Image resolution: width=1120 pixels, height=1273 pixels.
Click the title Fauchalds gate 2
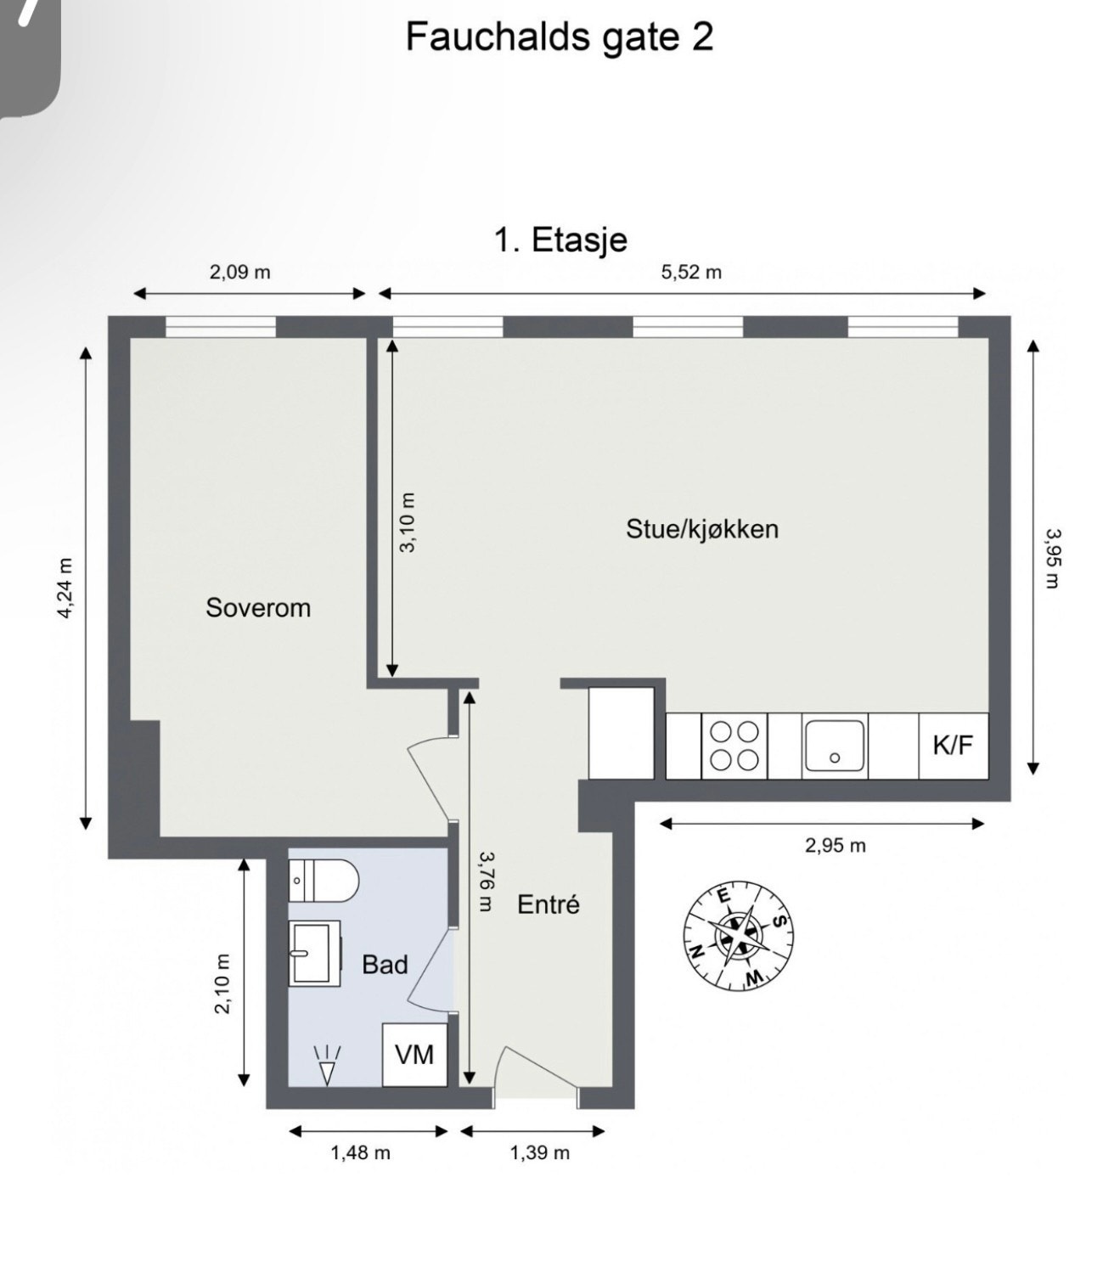[x=559, y=37]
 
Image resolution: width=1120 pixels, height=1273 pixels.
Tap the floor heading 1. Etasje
[x=560, y=239]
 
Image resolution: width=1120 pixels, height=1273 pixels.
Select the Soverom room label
[x=258, y=607]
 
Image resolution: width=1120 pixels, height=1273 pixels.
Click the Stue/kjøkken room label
[x=701, y=528]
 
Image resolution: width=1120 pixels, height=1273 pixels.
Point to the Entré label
[x=548, y=904]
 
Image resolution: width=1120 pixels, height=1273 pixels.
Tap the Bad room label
[x=385, y=964]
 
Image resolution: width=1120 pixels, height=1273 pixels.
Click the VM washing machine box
[x=414, y=1055]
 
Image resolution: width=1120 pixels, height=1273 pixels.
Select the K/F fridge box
[x=953, y=746]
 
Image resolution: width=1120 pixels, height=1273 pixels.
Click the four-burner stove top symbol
[x=734, y=746]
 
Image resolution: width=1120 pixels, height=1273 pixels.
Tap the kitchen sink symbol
[x=835, y=746]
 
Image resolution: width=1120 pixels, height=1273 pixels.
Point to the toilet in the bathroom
[x=323, y=881]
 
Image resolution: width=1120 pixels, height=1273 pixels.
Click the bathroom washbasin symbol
[x=314, y=953]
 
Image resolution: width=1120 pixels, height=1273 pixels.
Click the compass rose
[x=738, y=937]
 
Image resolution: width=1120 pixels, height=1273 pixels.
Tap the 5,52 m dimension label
[x=691, y=272]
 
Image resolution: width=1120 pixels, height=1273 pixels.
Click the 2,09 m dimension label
[x=239, y=272]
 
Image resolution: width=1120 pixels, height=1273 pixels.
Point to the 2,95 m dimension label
[x=836, y=845]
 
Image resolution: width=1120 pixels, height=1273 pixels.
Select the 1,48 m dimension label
[x=360, y=1152]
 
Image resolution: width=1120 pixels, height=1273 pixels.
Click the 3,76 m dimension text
[x=485, y=882]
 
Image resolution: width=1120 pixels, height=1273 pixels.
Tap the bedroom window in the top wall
[x=221, y=326]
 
